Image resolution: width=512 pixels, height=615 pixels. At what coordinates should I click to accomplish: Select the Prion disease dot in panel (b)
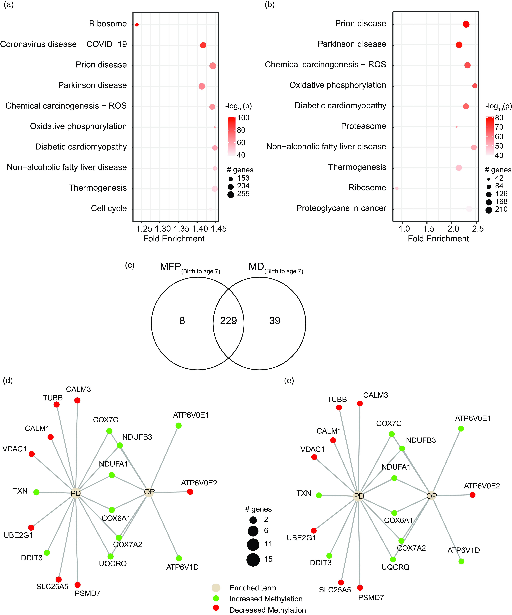(466, 24)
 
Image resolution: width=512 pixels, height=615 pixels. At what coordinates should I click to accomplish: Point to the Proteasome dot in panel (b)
(456, 127)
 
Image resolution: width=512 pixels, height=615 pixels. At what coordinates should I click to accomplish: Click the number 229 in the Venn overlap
(228, 321)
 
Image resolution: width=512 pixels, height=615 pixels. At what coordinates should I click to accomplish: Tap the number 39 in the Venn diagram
(275, 321)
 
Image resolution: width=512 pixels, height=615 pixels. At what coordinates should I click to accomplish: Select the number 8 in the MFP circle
(182, 321)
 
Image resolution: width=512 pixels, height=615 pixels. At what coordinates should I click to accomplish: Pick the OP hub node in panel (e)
(431, 496)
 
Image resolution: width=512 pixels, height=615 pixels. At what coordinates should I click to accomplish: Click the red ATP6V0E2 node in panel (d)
(190, 492)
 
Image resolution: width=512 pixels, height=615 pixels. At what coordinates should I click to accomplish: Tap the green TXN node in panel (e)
(319, 495)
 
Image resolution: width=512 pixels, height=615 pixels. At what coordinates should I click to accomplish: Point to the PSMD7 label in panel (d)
(88, 593)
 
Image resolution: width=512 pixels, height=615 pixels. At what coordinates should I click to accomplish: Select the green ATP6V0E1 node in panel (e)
(461, 428)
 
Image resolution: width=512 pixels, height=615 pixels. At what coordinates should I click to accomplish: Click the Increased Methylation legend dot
(216, 598)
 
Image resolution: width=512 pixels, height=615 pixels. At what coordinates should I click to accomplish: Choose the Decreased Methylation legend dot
(216, 608)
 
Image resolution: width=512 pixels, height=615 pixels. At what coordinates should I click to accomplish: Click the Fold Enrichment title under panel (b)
(438, 239)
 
